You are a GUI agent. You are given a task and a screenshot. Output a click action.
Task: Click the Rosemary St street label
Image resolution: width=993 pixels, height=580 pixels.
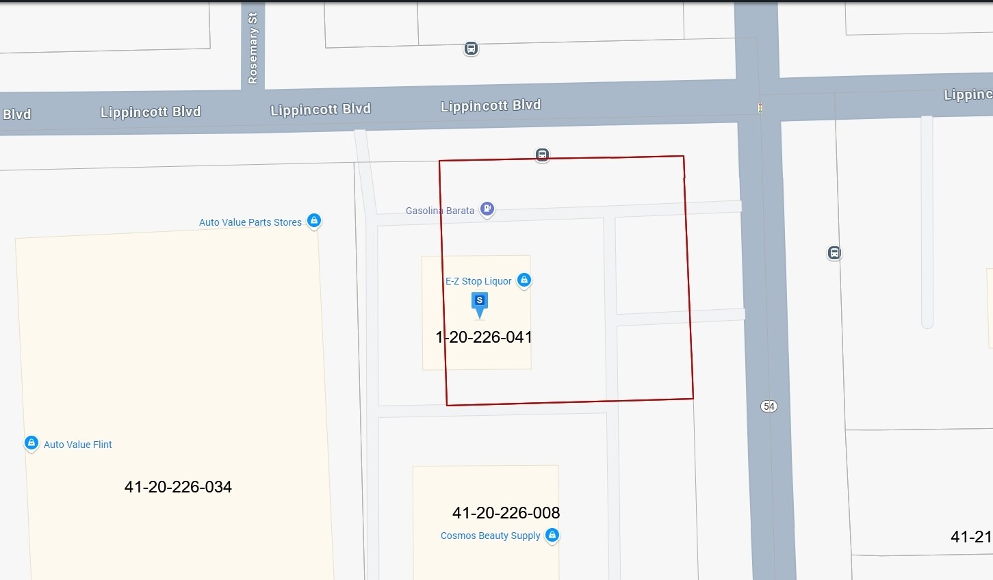(253, 49)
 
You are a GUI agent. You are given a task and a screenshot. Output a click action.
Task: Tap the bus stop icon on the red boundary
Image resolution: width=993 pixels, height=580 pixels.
(542, 155)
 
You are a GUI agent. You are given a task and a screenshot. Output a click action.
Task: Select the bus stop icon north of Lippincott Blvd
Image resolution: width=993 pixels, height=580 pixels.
(471, 49)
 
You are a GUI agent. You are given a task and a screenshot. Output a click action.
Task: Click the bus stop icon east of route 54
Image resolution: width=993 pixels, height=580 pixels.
(834, 253)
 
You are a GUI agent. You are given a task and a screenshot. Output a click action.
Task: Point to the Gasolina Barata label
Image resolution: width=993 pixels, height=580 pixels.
(440, 211)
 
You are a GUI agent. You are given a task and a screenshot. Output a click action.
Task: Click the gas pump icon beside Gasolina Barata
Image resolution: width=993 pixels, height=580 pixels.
(487, 208)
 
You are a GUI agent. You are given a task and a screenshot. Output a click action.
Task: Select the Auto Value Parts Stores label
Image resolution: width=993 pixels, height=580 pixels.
(250, 222)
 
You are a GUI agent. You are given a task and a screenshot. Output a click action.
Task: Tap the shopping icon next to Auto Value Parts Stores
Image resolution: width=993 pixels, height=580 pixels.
(313, 220)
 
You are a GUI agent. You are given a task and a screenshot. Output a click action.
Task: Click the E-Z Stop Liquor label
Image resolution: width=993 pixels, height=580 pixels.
(478, 281)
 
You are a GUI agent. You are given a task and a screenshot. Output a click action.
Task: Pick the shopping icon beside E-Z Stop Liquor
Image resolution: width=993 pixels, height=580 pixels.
(524, 280)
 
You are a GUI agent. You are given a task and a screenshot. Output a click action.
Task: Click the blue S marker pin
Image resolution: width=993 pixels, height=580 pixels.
(480, 303)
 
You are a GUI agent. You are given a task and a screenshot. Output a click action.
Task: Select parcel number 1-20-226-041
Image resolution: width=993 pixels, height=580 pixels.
(484, 337)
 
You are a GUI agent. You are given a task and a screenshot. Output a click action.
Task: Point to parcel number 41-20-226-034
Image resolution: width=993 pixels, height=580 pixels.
(178, 487)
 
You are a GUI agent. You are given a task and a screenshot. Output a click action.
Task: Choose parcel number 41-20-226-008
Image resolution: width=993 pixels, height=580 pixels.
(506, 513)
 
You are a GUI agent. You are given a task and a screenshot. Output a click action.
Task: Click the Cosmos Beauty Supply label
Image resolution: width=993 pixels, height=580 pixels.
(491, 536)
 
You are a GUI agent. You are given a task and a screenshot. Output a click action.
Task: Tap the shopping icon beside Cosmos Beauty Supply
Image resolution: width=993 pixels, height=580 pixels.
(552, 535)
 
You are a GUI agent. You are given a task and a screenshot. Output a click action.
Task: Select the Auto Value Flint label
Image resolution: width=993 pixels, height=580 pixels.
(78, 445)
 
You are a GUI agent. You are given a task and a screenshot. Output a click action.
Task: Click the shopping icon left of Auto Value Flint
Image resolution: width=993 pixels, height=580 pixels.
(31, 443)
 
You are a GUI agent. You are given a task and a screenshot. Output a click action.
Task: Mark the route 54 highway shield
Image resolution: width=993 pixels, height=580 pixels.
(769, 406)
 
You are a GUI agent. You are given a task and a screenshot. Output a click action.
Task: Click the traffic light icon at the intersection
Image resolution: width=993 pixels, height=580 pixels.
(760, 108)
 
